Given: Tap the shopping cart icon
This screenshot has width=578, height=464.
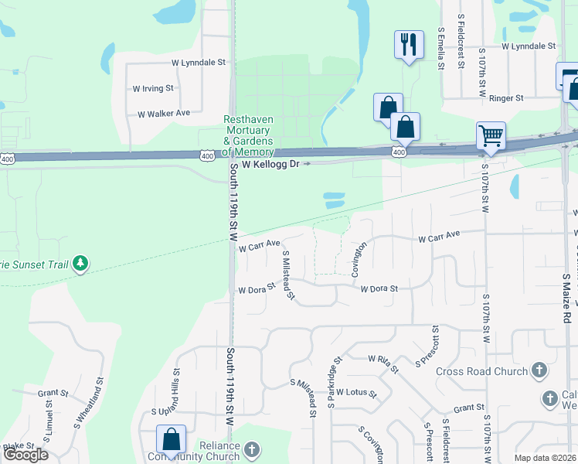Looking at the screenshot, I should tap(491, 135).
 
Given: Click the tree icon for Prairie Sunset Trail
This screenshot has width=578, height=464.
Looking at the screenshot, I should tap(80, 264).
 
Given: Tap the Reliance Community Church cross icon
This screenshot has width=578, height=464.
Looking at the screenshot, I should tap(252, 449).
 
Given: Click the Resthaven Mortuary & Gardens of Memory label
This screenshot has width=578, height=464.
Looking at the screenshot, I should tap(248, 135).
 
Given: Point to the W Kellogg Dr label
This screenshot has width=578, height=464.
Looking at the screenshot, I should tap(270, 165).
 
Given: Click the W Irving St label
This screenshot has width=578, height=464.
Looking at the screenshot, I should tap(153, 88).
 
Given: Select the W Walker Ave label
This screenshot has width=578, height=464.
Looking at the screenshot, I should tap(164, 113).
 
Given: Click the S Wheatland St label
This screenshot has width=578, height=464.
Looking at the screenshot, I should tap(89, 403).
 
